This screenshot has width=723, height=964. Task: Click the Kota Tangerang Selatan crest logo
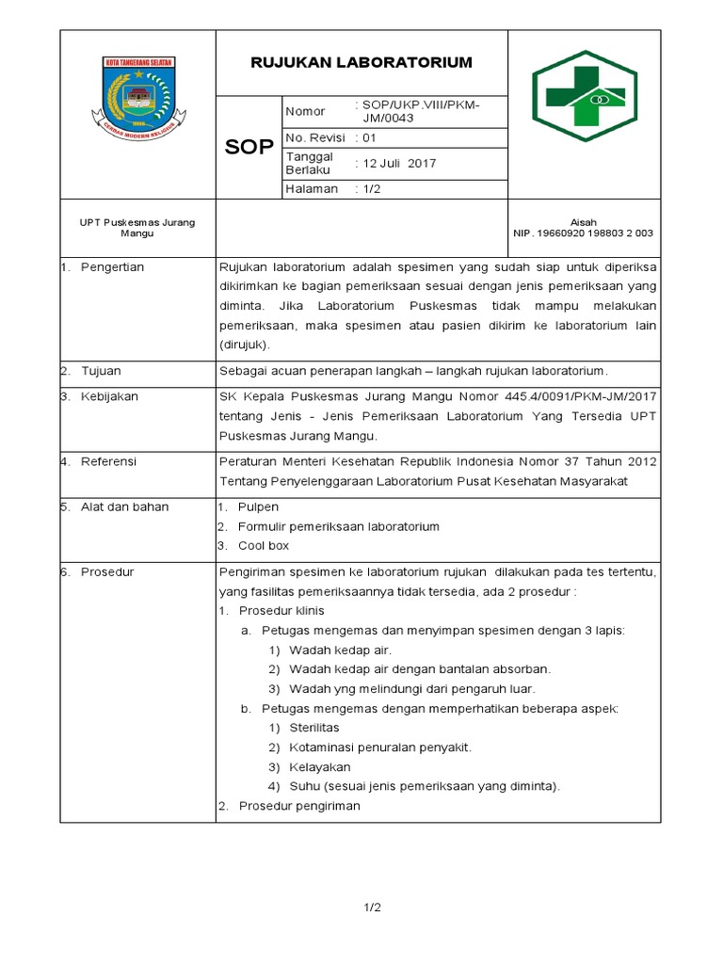click(137, 96)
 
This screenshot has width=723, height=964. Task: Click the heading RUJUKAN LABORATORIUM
click(361, 63)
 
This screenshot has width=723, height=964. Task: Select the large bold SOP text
click(249, 148)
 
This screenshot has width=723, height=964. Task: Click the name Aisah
click(584, 222)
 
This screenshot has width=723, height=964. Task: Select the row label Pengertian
click(112, 267)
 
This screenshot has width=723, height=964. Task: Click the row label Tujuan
click(101, 371)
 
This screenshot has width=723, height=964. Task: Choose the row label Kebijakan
click(109, 396)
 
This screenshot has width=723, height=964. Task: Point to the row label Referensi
click(108, 461)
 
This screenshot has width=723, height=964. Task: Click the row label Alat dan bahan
click(124, 506)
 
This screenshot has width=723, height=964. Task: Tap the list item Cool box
click(264, 545)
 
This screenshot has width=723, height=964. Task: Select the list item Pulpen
click(258, 506)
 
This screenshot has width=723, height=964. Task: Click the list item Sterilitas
click(314, 728)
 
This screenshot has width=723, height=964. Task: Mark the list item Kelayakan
click(319, 766)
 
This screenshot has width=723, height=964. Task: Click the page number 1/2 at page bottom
click(372, 908)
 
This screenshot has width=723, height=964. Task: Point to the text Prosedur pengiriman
click(299, 806)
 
